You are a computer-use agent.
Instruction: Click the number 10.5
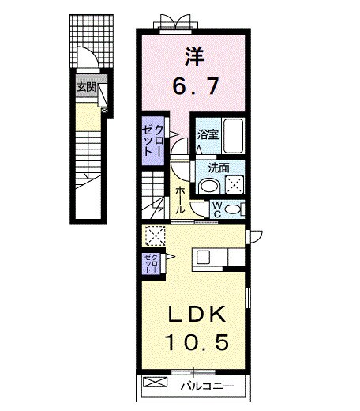[197, 343]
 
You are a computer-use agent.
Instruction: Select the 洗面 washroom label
[219, 168]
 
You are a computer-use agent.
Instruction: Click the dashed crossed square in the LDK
[154, 236]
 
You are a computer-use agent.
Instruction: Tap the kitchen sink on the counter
[202, 257]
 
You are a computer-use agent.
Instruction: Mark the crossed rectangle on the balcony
[156, 384]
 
